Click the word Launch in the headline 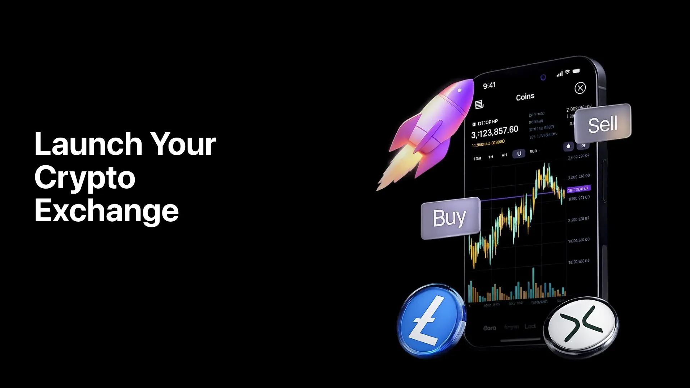coord(88,144)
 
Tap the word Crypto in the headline coord(85,177)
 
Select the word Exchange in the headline coord(106,211)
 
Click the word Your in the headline coord(183,144)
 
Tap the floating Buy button coord(450,218)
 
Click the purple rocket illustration coord(438,122)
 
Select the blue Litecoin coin coord(431,320)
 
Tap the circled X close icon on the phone coord(580,88)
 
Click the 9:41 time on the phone coord(489,86)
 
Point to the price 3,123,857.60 coord(494,132)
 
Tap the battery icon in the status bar coord(576,71)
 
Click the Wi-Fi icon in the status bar coord(567,72)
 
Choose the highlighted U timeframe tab coord(519,153)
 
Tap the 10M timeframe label coord(477,158)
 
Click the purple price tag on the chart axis coord(578,189)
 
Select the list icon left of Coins coord(479,105)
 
